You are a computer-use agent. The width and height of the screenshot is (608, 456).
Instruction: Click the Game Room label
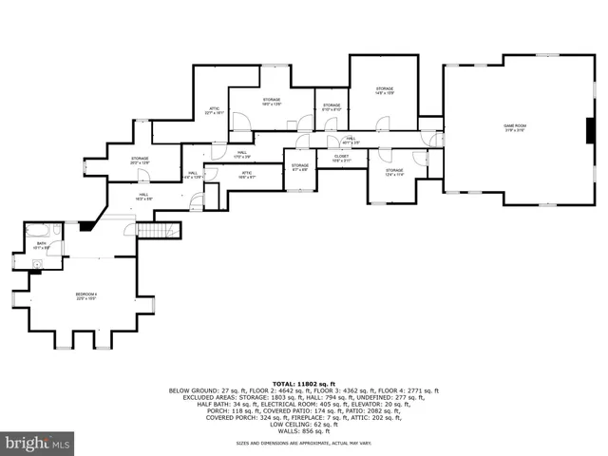[x=515, y=126]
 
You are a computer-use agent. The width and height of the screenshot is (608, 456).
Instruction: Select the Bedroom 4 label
[x=86, y=296]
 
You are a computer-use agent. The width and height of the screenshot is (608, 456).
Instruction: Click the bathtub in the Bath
[x=39, y=231]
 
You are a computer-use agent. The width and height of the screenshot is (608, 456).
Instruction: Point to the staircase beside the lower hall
[x=158, y=230]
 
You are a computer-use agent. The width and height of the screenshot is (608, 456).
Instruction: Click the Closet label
[x=341, y=160]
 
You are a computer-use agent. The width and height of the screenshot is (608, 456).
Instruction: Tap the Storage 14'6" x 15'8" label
[x=384, y=91]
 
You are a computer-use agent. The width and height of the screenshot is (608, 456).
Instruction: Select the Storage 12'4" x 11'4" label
[x=394, y=173]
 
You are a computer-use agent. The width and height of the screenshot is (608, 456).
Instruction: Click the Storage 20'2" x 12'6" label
[x=141, y=161]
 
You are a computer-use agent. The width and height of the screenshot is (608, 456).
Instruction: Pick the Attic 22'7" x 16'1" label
[x=215, y=110]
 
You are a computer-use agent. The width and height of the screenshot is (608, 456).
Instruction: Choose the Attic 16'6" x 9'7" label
[x=246, y=174]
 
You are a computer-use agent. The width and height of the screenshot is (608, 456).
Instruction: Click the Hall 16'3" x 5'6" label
[x=143, y=197]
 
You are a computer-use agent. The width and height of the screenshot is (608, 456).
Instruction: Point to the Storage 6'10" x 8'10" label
[x=331, y=107]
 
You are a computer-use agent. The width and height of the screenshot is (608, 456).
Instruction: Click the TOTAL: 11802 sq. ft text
[x=304, y=382]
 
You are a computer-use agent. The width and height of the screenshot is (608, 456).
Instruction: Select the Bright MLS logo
[x=38, y=442]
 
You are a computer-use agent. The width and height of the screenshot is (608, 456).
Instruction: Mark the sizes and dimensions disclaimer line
[x=304, y=444]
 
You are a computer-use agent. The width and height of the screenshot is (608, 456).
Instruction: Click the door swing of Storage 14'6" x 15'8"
[x=382, y=123]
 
